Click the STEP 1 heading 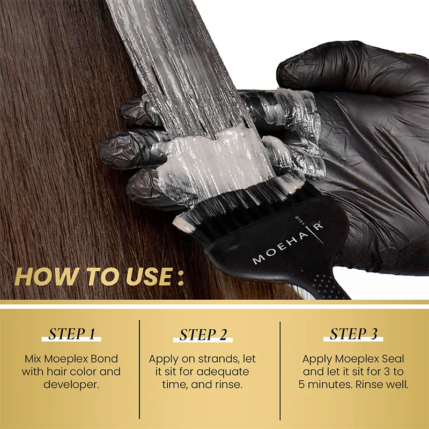pos(71,334)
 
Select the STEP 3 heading pos(353,334)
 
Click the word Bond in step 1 pos(105,358)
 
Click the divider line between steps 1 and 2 pos(139,370)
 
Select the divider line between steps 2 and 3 pos(280,370)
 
